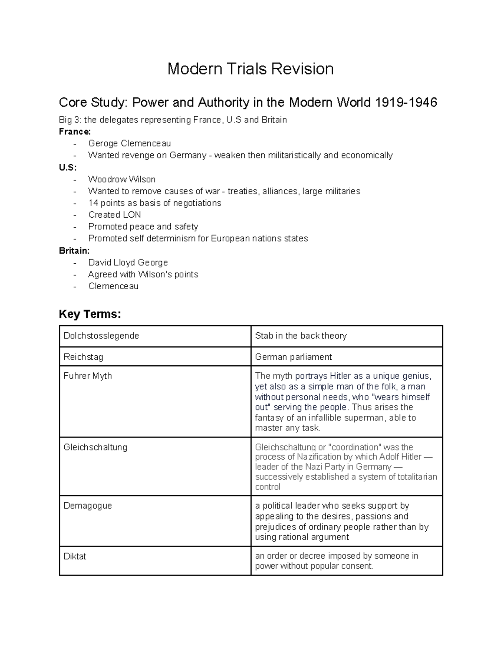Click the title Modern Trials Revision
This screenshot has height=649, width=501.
coord(250,69)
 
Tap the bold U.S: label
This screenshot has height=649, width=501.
coord(68,168)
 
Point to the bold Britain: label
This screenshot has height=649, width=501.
coord(74,251)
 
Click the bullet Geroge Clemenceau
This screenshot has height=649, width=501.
coord(129,144)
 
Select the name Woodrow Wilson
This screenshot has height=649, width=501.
coord(122,180)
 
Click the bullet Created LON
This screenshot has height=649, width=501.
coord(114,215)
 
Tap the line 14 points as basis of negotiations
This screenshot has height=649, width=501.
coord(154,203)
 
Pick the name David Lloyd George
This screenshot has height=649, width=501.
coord(128,263)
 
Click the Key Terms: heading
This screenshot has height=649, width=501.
coord(90,314)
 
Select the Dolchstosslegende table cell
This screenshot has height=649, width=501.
coord(101,336)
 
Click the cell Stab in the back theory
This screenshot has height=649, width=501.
coord(301,336)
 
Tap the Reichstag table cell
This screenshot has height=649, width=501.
coord(83,357)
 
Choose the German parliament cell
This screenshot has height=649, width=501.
coord(293,357)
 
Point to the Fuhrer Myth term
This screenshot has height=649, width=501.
coord(88,376)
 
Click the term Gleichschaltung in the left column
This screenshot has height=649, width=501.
coord(96,447)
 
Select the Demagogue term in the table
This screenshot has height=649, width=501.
coord(88,506)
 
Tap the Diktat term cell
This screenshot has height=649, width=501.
coord(75,556)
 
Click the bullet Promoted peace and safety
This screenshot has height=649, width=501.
coord(143,227)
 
